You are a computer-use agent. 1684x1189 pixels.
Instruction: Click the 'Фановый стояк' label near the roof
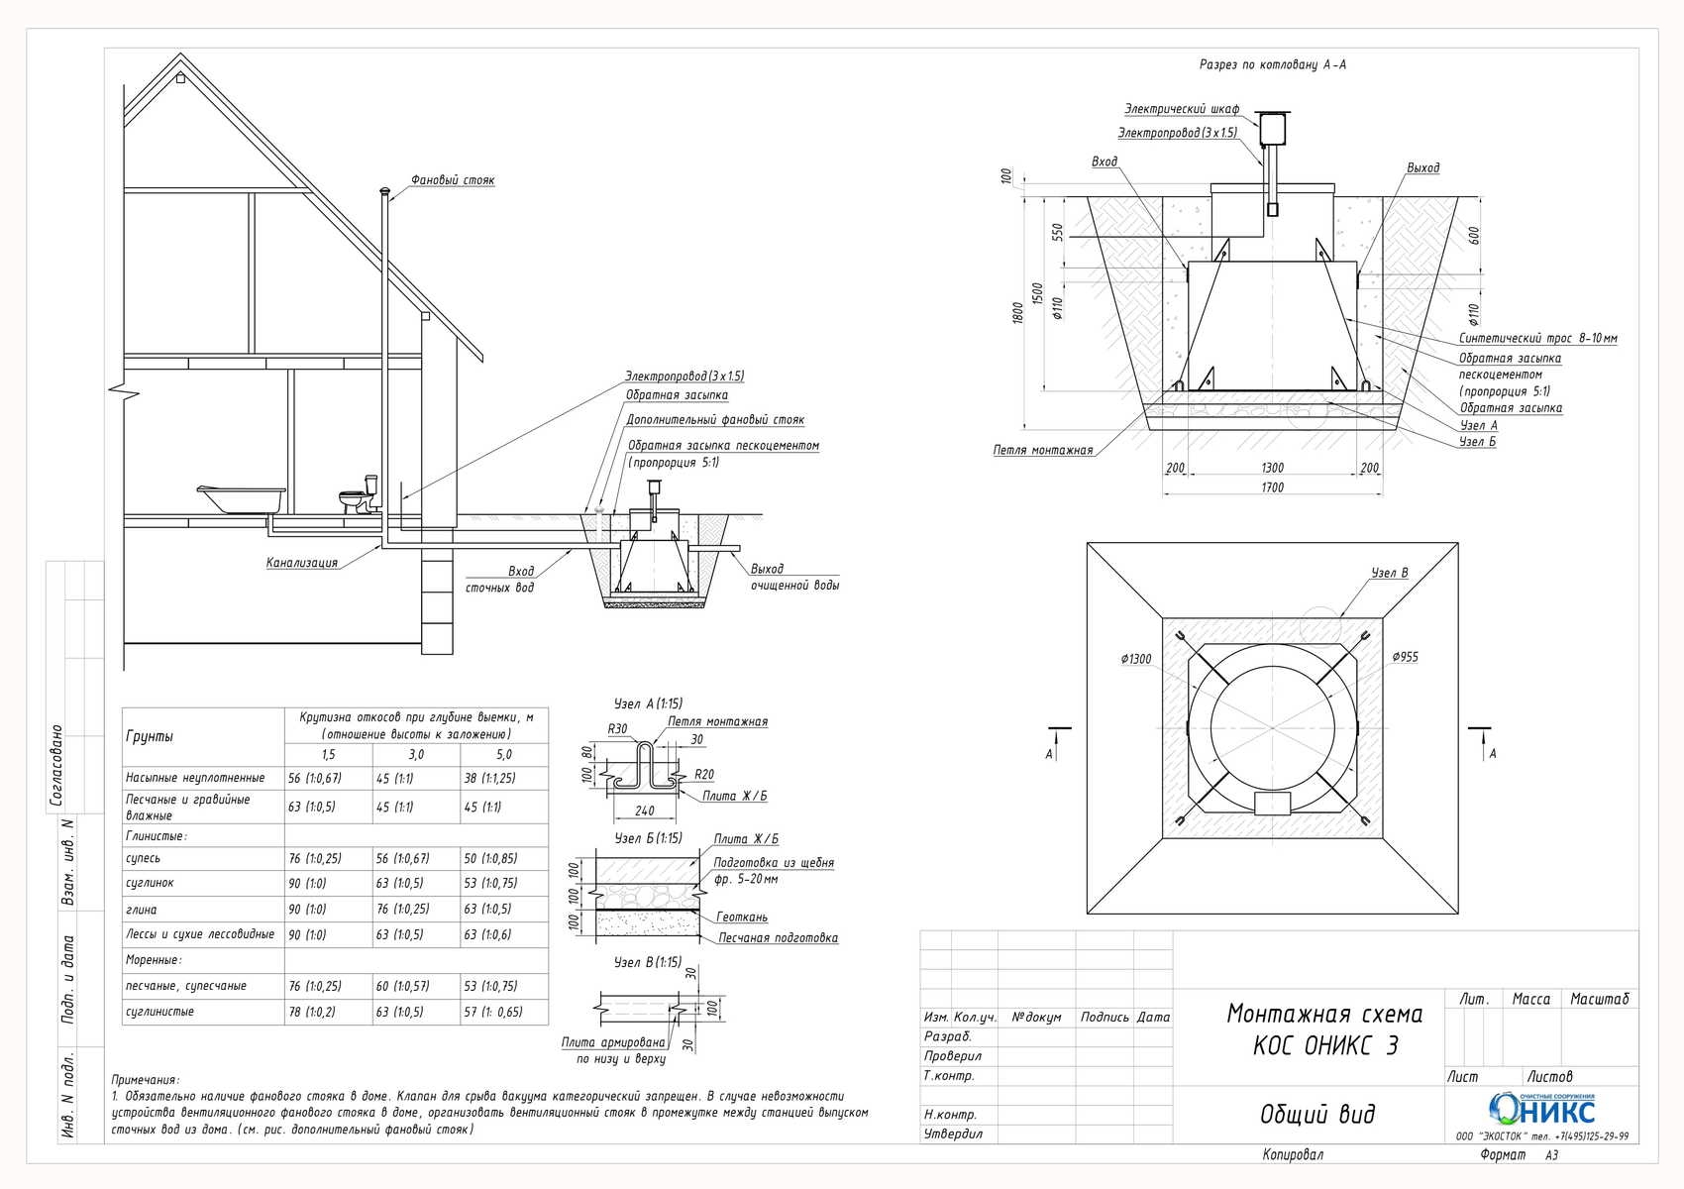(453, 180)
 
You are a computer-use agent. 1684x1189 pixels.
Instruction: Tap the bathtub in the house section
(242, 498)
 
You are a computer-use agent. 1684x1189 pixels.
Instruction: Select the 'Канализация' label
(301, 563)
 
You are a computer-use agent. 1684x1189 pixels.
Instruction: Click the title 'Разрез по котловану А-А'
(1273, 64)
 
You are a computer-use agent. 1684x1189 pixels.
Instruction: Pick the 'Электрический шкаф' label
(1182, 109)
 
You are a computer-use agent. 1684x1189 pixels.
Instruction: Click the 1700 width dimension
(1273, 487)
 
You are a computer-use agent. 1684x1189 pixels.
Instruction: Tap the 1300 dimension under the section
(1273, 468)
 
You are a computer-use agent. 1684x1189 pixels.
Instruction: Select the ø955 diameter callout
(1405, 657)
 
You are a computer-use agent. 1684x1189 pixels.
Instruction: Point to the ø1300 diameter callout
(1136, 659)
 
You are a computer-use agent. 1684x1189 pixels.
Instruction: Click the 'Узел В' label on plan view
(1389, 573)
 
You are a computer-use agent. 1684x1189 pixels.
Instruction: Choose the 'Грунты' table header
(149, 736)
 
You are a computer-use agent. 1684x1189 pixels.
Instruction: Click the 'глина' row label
(142, 910)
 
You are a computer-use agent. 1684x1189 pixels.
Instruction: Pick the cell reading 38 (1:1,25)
(489, 778)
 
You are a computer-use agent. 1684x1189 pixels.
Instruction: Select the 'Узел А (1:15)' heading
(648, 703)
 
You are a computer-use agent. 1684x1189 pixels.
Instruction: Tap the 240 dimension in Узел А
(644, 811)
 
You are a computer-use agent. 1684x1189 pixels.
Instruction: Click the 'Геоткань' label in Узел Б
(742, 917)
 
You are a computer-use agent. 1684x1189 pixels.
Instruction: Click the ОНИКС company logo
(1542, 1109)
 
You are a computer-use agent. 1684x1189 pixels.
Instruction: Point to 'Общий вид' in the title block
(1317, 1114)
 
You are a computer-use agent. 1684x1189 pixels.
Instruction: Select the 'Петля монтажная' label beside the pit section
(1043, 451)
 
